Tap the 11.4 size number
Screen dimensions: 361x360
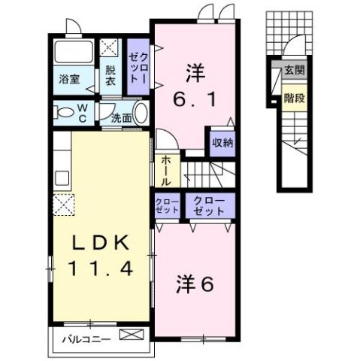[x=102, y=267]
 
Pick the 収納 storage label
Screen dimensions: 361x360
[x=221, y=142]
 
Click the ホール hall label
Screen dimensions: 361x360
[x=165, y=171]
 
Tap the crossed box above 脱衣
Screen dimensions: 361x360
[x=110, y=49]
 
